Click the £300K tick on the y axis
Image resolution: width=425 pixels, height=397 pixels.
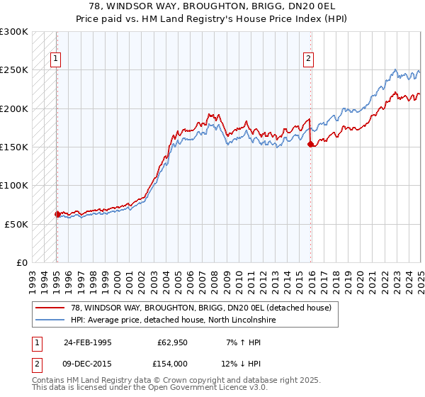(14, 32)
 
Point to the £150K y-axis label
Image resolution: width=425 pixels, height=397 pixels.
(14, 147)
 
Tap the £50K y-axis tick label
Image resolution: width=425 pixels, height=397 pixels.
(17, 223)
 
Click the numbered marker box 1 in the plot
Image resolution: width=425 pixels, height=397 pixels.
(55, 60)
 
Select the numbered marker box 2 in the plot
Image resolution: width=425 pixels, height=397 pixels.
(309, 60)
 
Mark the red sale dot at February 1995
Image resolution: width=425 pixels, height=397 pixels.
(57, 213)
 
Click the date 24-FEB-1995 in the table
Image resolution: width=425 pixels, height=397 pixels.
(87, 342)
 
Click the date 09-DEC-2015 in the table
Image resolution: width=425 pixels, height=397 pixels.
(87, 363)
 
